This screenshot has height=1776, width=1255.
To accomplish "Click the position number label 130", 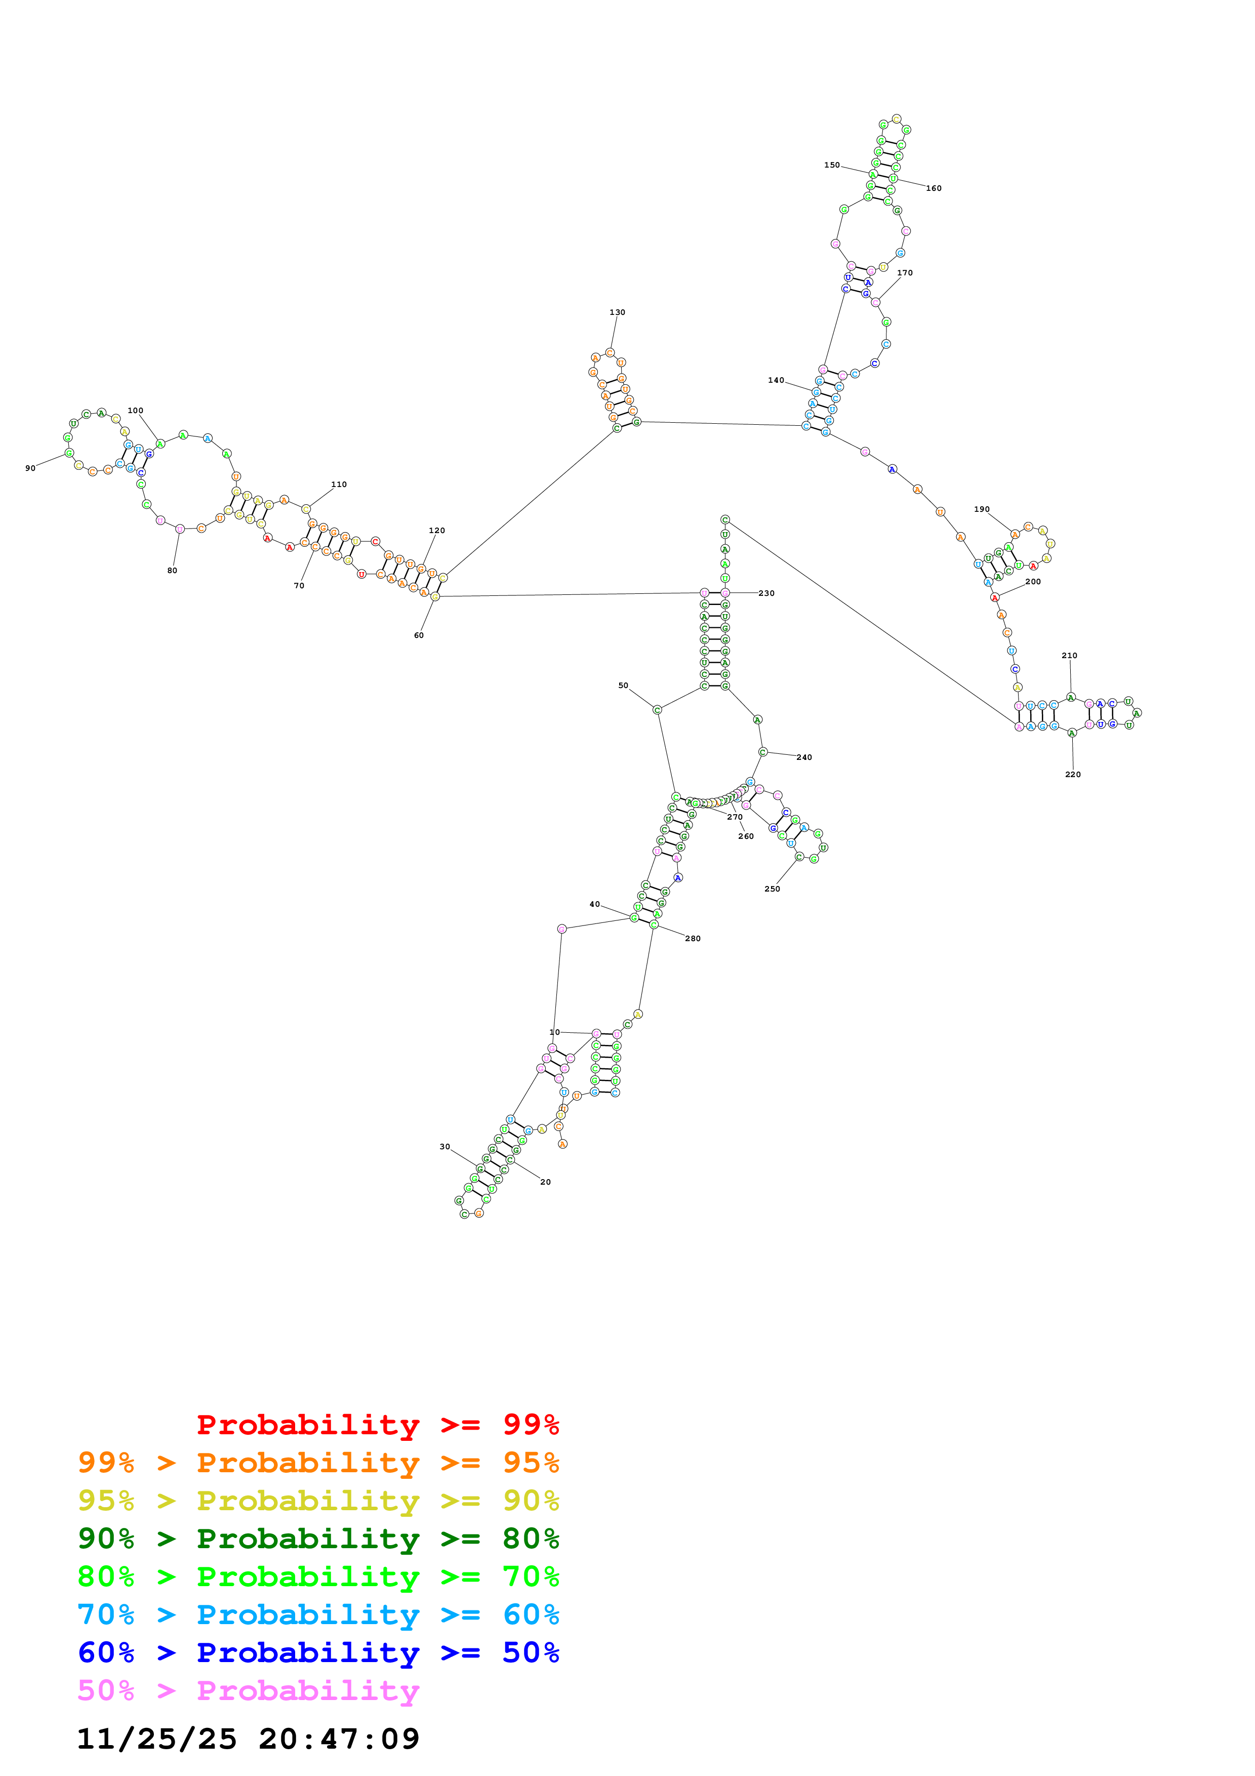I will coord(617,312).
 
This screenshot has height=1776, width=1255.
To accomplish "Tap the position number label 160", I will coord(934,188).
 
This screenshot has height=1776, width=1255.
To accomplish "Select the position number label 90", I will coord(30,468).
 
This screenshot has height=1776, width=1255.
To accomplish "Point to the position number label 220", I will coord(1073,774).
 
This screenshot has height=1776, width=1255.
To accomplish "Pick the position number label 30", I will coord(444,1146).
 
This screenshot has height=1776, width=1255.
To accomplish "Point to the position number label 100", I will coord(135,411).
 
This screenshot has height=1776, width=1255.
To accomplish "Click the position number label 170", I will coord(905,272).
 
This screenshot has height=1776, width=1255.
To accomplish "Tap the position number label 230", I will coord(766,593).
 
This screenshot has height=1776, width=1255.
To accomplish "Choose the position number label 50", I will coord(623,685).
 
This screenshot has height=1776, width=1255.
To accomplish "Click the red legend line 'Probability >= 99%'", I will coord(377,1425).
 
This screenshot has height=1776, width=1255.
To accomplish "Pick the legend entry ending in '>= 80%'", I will coord(318,1539).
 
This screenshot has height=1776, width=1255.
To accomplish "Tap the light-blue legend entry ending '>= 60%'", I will coord(318,1614).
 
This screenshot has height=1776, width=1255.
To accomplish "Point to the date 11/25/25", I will coord(156,1739).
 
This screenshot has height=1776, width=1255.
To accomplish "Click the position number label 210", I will coord(1069,655).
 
